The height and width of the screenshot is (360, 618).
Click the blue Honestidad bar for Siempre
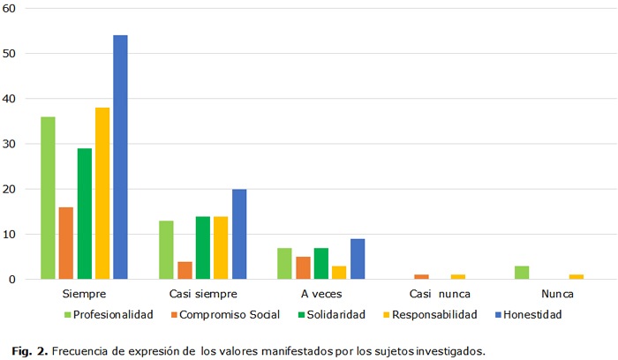pos(120,157)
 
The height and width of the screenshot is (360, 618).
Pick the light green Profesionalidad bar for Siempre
pos(48,198)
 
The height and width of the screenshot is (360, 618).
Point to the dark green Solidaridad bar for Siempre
pos(84,214)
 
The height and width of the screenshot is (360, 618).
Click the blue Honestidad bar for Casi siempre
pos(239,234)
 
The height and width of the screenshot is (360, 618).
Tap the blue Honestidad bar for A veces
pos(358,259)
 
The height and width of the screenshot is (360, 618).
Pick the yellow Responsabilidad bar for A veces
pos(339,272)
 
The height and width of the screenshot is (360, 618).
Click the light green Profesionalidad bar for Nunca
pos(523,272)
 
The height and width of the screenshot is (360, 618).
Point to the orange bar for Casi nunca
pos(422,277)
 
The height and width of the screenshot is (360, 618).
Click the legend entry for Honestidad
pos(528,314)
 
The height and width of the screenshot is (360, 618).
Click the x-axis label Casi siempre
pos(202,293)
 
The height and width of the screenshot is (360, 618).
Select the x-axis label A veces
pos(321,293)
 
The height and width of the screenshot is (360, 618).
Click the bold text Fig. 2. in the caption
pos(30,350)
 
